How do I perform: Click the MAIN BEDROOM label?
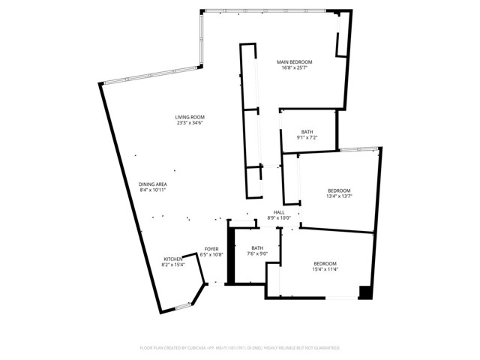coord(294,61)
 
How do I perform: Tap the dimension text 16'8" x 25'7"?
coord(294,67)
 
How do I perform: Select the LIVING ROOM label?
coord(190,117)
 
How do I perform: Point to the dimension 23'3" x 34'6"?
coord(190,123)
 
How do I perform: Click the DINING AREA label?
coord(152,184)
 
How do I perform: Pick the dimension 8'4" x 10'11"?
coord(152,190)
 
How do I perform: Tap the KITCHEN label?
coord(173,259)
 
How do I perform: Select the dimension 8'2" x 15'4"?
coord(173,265)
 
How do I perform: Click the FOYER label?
coord(211,248)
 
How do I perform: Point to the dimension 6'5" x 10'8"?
coord(211,254)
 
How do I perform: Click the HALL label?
coord(278,212)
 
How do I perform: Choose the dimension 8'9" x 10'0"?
coord(278,218)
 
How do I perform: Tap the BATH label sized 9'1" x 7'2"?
coord(307,132)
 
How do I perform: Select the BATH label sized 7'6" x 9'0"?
coord(257,248)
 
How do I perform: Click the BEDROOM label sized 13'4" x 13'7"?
coord(339,190)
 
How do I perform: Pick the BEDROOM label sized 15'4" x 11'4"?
coord(325,263)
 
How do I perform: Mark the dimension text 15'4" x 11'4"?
coord(325,269)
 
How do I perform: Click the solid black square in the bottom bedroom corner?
coord(365,292)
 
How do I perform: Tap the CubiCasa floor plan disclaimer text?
coord(240,348)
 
